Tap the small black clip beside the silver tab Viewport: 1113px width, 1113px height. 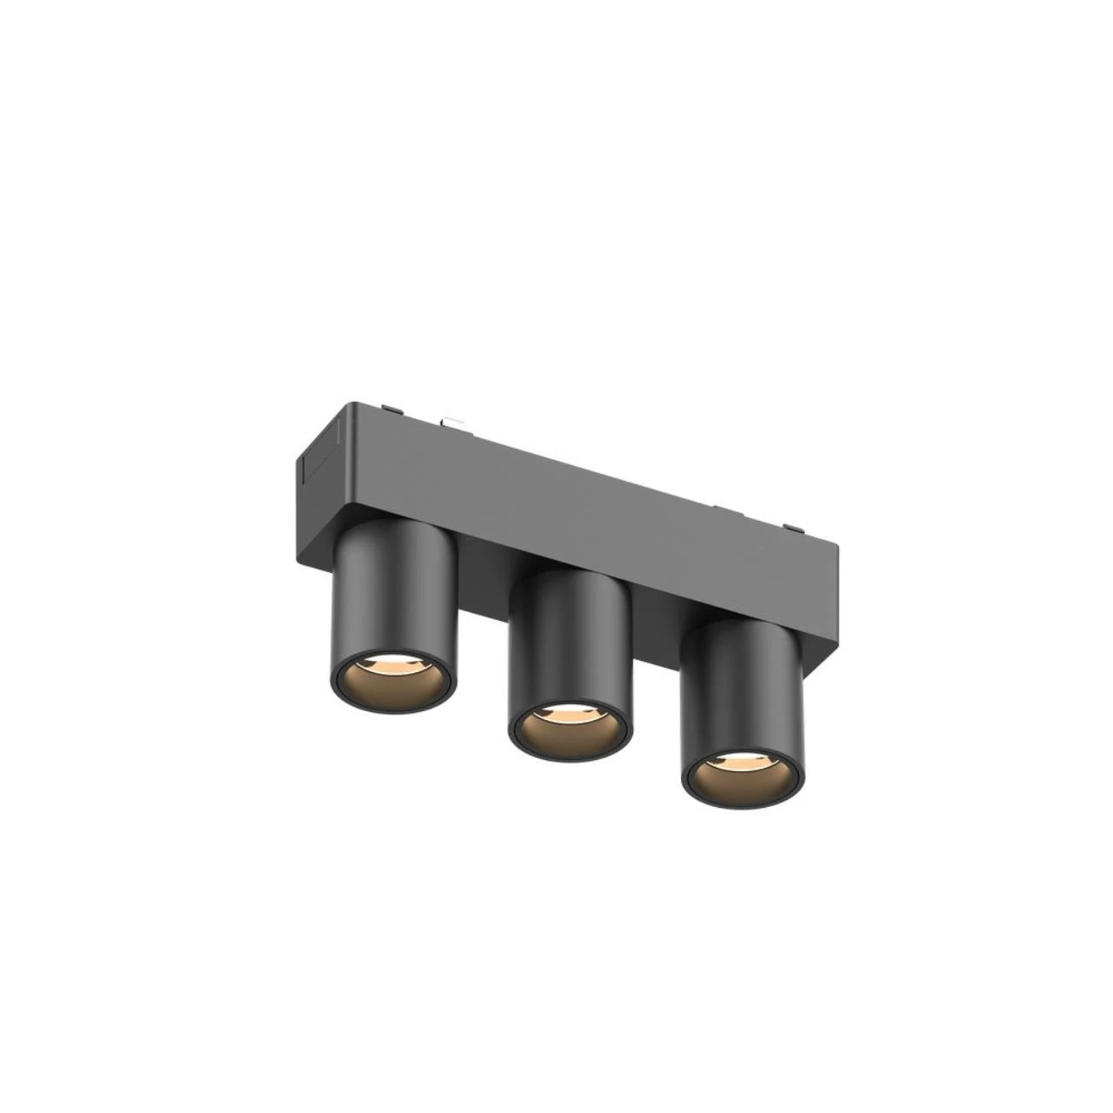click(393, 408)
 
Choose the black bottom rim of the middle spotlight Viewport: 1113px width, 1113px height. click(570, 755)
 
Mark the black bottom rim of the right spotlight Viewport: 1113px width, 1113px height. click(743, 801)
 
